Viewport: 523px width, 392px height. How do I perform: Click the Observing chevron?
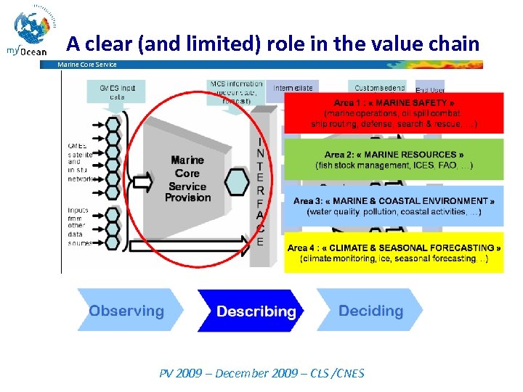click(127, 311)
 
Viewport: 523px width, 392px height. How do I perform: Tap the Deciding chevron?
click(368, 311)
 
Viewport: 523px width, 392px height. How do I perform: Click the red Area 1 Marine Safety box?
click(393, 113)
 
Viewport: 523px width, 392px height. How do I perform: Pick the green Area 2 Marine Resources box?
click(393, 160)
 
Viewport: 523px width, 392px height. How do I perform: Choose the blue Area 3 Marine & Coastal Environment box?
click(393, 206)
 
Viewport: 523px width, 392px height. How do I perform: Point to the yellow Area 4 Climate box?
click(393, 253)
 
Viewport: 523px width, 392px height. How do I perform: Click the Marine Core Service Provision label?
click(187, 179)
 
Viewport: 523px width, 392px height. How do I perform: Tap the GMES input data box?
click(117, 91)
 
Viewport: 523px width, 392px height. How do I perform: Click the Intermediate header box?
click(293, 88)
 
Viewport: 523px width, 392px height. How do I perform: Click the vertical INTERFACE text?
click(260, 191)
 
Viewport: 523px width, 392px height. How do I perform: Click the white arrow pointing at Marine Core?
click(145, 179)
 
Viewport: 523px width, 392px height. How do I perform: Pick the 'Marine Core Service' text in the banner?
click(86, 65)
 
